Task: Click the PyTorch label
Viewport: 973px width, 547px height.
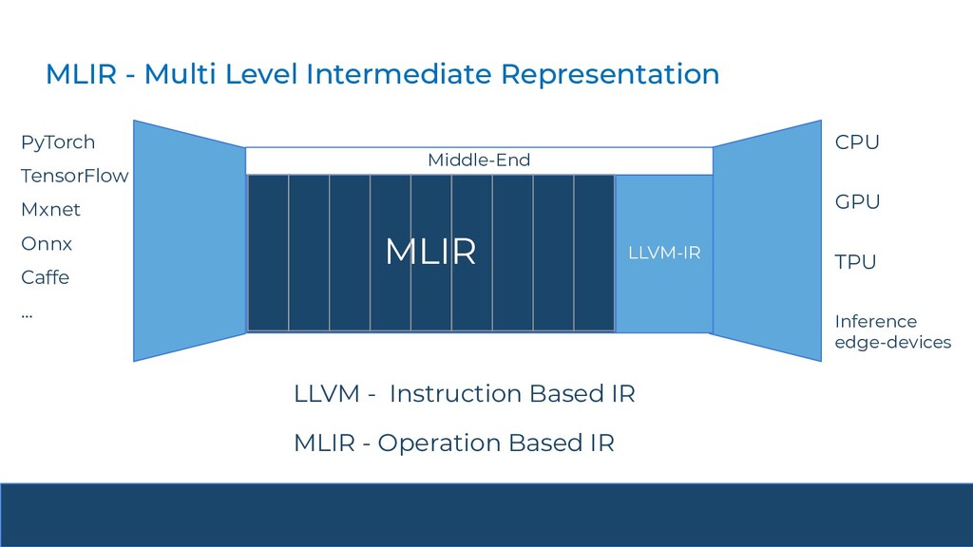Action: (x=58, y=142)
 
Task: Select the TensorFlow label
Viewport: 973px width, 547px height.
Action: (x=74, y=176)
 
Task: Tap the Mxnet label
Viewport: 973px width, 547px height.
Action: (x=50, y=210)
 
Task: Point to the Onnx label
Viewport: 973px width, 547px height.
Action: (x=47, y=243)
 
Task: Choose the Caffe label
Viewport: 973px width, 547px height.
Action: (x=46, y=276)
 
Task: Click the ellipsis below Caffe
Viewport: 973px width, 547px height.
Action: (x=27, y=316)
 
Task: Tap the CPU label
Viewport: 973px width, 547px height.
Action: (x=857, y=142)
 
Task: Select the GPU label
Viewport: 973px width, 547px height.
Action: (x=858, y=201)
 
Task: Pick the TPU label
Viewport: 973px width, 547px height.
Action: (x=855, y=262)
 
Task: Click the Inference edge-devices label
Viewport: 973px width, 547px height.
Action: (x=893, y=331)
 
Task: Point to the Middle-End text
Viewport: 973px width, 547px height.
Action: (x=479, y=160)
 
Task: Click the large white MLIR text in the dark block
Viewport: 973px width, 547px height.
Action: (x=430, y=252)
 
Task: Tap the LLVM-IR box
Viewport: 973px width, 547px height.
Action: (x=664, y=253)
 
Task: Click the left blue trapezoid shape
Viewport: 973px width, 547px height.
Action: (x=189, y=240)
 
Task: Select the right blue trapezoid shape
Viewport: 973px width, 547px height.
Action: (x=768, y=240)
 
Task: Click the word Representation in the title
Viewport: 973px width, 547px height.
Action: (x=610, y=74)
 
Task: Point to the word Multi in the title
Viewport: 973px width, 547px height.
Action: (x=180, y=74)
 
